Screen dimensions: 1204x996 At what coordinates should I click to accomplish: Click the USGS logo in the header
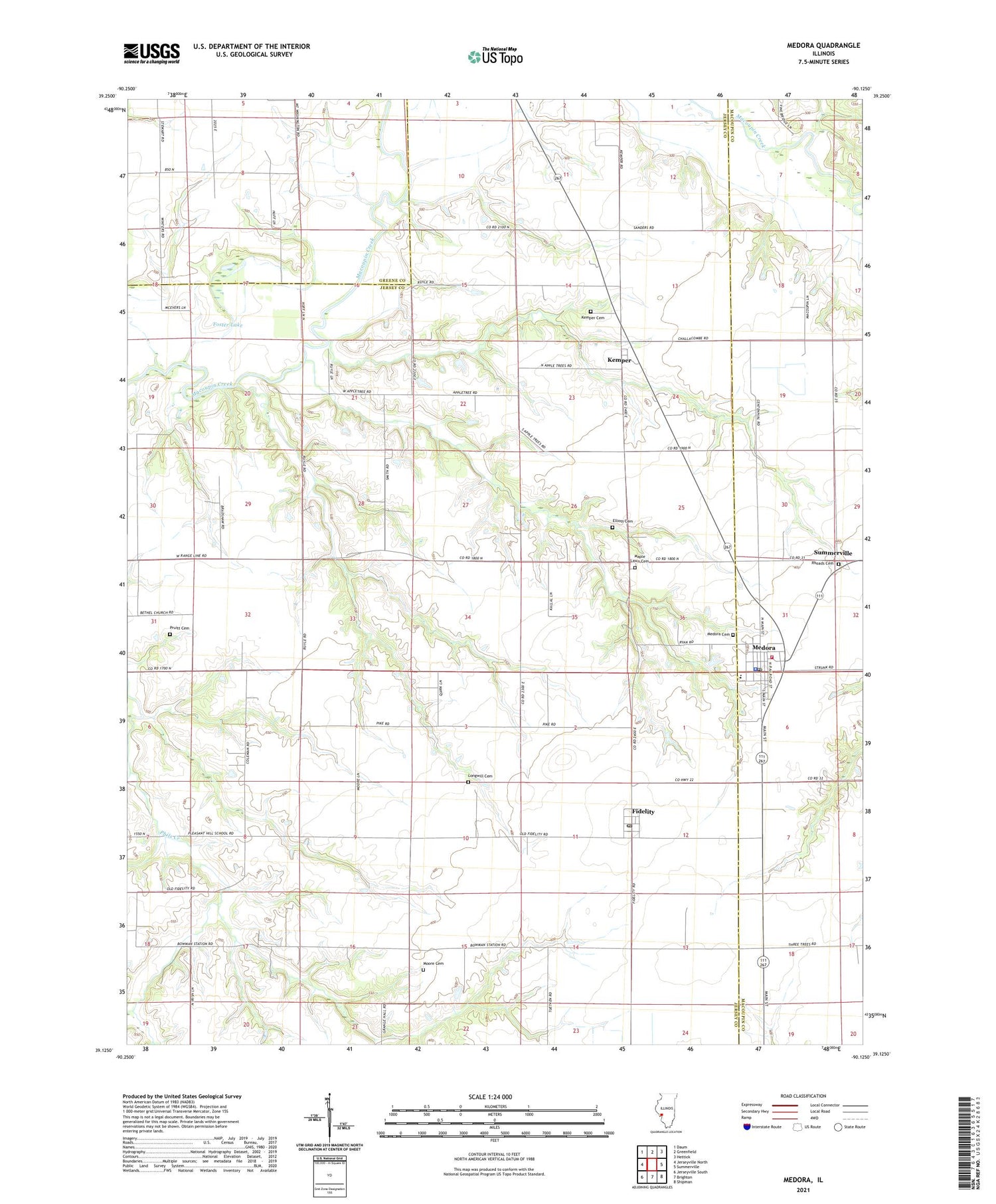(151, 53)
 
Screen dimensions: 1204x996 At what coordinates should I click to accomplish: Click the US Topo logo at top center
(495, 56)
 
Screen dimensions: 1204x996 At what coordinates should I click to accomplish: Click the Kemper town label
(619, 360)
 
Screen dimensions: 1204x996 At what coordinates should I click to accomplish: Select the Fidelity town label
(643, 812)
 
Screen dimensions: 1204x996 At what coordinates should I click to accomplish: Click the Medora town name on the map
(764, 647)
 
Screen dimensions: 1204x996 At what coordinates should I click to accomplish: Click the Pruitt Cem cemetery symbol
(169, 634)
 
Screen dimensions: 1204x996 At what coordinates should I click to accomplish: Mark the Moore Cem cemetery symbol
(424, 970)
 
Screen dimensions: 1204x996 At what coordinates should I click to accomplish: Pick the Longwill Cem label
(480, 776)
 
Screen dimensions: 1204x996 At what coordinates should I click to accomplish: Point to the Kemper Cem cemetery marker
(590, 311)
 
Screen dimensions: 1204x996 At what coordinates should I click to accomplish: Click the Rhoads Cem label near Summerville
(822, 564)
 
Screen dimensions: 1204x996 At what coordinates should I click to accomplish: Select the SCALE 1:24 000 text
(490, 1096)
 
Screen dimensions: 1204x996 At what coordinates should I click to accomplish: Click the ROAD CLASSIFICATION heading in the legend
(803, 1096)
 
